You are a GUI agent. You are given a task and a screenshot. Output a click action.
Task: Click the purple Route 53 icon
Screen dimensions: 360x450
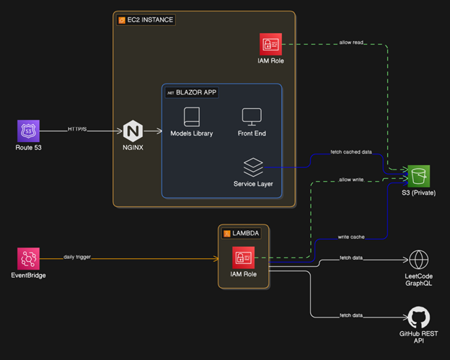pos(28,131)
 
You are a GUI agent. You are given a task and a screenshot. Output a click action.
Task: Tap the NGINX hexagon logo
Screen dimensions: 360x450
pos(133,131)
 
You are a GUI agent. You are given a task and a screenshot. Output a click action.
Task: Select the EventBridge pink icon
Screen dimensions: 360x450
pos(28,258)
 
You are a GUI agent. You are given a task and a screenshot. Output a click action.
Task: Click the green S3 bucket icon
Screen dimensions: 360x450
pos(418,175)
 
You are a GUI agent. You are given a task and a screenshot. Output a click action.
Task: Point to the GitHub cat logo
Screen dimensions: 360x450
pos(418,317)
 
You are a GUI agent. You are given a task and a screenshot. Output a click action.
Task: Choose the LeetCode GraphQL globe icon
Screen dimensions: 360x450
pos(418,259)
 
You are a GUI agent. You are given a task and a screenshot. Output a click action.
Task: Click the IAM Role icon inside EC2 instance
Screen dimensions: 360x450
pos(270,45)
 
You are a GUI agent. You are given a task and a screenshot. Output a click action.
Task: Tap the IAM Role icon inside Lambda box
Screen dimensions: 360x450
pos(243,258)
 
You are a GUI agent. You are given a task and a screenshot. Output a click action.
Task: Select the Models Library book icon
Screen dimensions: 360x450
pos(191,116)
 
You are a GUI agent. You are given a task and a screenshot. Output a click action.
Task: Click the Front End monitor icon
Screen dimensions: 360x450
pos(252,116)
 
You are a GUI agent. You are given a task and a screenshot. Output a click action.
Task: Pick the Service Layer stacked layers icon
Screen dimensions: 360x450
pos(252,167)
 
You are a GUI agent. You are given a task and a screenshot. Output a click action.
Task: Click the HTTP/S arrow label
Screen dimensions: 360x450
pos(77,129)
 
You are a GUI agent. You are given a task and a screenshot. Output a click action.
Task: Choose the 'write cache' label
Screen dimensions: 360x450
pos(351,237)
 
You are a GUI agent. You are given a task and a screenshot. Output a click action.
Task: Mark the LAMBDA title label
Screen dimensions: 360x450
pos(242,234)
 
